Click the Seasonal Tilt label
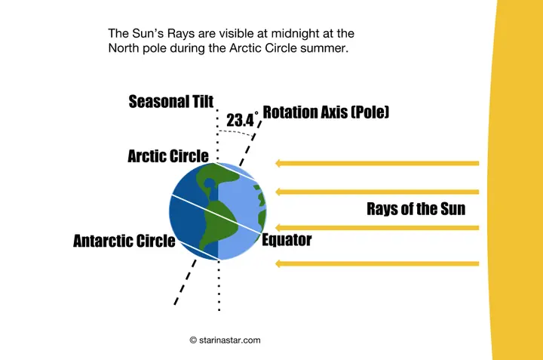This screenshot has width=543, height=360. coord(171,101)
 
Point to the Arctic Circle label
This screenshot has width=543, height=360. coord(167,156)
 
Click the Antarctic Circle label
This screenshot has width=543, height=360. coord(124,242)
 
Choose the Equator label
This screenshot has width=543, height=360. coord(286,241)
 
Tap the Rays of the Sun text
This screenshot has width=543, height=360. coord(416,209)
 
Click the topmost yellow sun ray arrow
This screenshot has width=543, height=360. coord(377,162)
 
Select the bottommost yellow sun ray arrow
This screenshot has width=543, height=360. coord(377,263)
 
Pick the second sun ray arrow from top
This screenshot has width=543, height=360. coord(377,192)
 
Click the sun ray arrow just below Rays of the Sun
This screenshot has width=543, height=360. coord(377,227)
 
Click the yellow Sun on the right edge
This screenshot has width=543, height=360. coord(520,181)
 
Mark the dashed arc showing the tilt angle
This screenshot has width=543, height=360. coord(235,131)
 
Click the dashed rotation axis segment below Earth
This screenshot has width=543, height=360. coord(185,283)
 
